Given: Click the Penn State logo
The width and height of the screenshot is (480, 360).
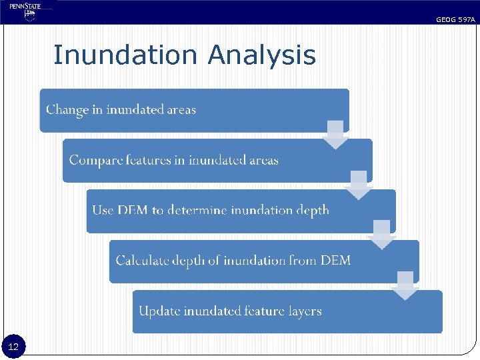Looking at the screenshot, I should click(26, 11).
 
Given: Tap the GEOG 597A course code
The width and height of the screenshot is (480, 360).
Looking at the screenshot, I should click(455, 20).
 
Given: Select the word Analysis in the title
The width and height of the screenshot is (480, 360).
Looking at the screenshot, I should click(261, 55).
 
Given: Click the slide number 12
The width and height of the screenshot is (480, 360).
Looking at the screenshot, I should click(14, 347).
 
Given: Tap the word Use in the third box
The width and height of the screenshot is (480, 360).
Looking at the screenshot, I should click(103, 210).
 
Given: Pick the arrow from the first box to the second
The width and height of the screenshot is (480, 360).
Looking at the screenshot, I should click(336, 134).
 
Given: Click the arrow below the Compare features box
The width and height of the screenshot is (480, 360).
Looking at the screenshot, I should click(359, 185).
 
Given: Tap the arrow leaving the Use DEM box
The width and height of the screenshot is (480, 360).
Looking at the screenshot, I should click(382, 235).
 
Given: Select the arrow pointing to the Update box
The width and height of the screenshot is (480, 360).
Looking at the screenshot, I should click(405, 285).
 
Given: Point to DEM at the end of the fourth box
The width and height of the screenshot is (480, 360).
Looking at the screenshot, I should click(335, 261).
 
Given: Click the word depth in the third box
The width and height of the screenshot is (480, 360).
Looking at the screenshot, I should click(313, 210).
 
